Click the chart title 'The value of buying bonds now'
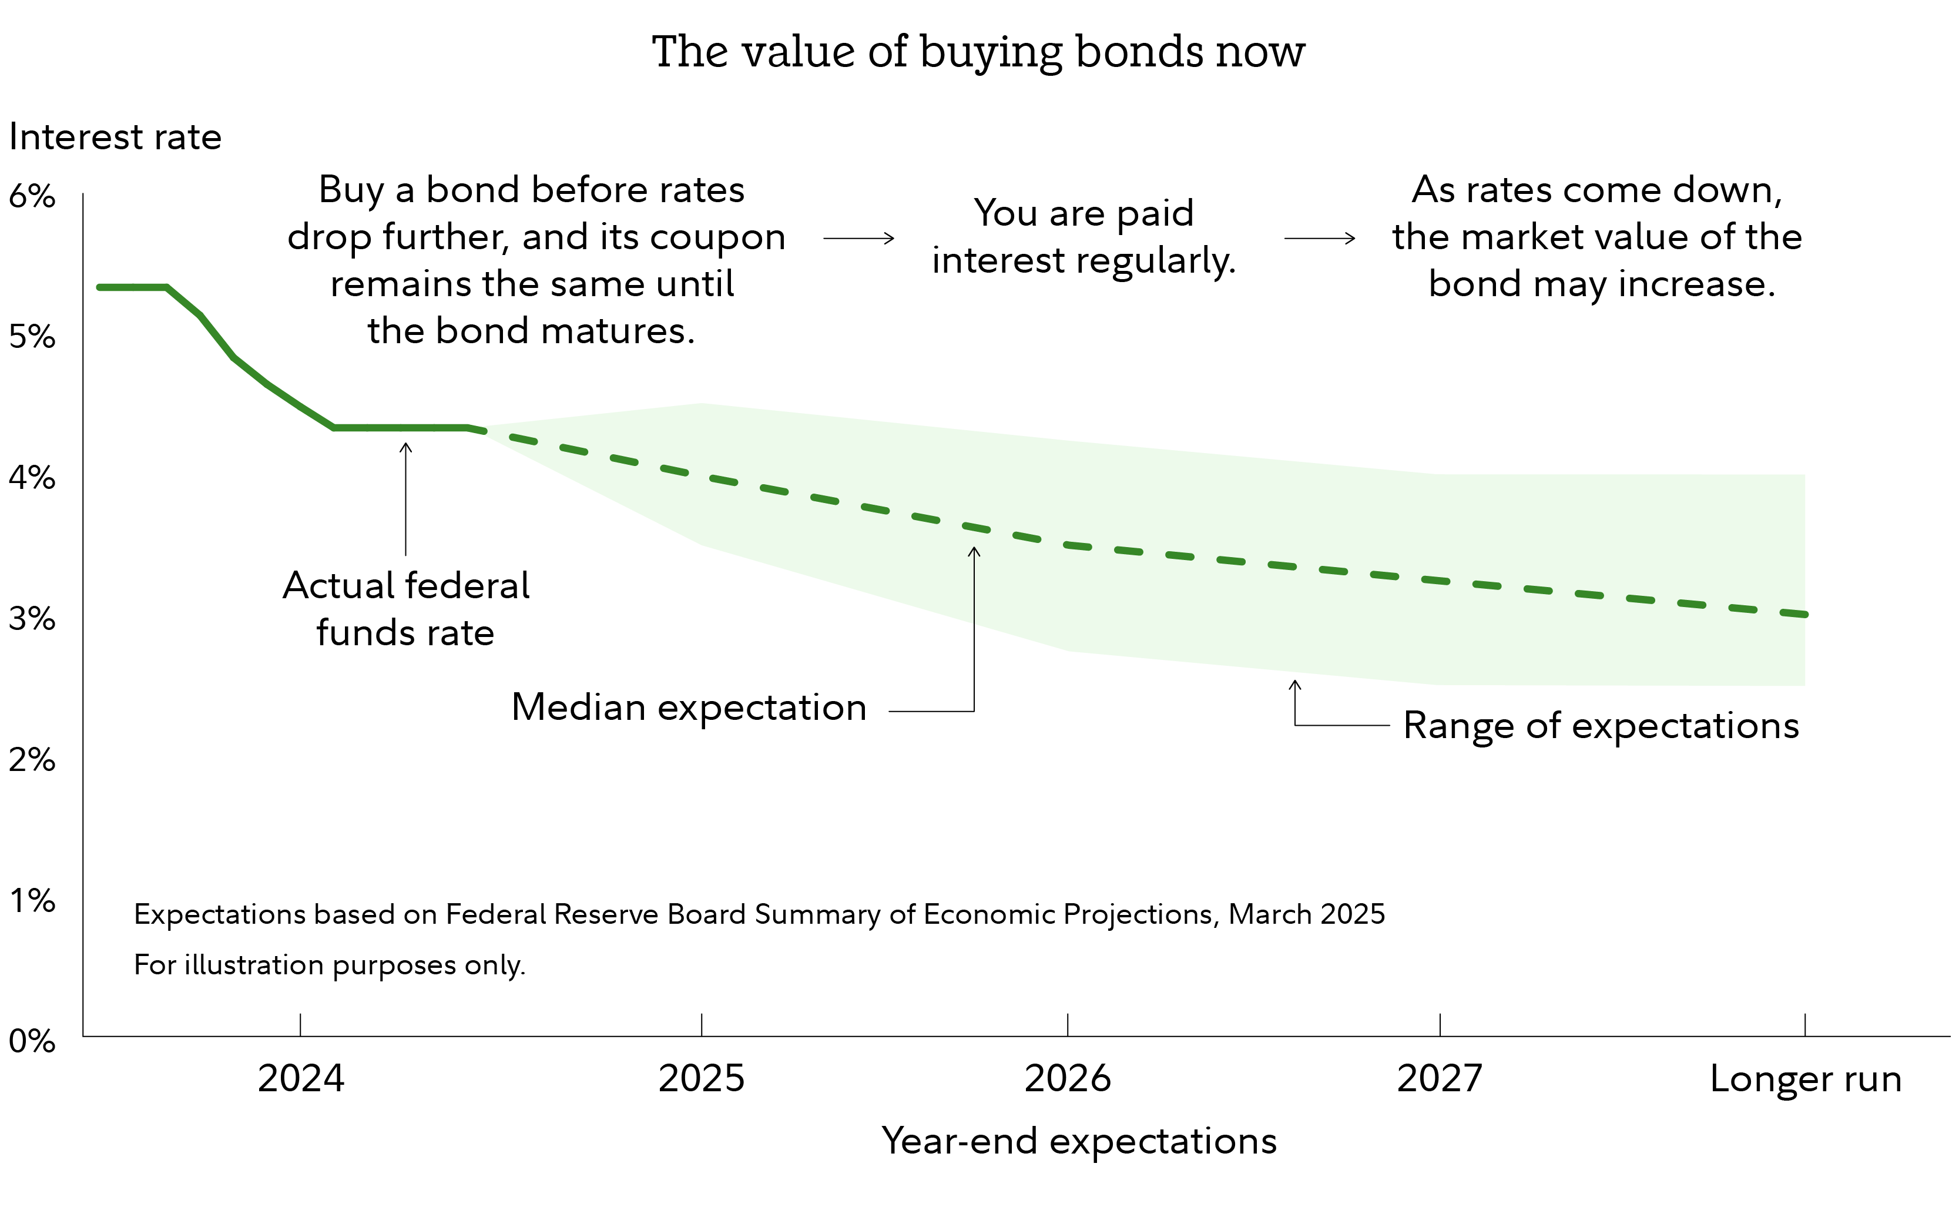(x=978, y=52)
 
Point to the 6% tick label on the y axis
(x=32, y=196)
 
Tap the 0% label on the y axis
(x=32, y=1041)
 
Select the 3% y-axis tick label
(x=32, y=618)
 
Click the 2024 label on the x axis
(x=300, y=1078)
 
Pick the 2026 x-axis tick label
(x=1067, y=1078)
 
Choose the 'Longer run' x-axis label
(x=1805, y=1078)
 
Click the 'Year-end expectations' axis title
(x=1078, y=1141)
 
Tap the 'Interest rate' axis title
(x=115, y=137)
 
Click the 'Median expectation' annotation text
(x=689, y=708)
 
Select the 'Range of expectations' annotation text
(x=1601, y=725)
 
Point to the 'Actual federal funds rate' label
(x=405, y=609)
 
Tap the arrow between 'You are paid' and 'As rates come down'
(x=1319, y=238)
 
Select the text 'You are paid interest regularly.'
(x=1084, y=237)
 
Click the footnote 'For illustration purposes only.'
(x=329, y=964)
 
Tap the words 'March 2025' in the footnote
(x=1306, y=914)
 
